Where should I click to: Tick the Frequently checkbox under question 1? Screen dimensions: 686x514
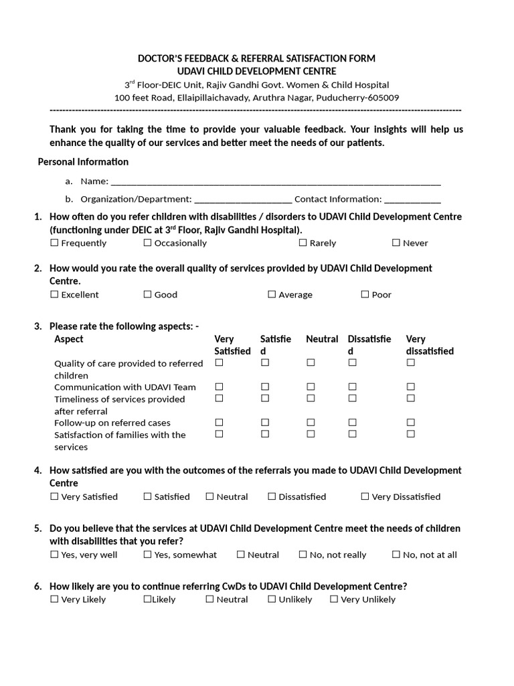[x=54, y=243]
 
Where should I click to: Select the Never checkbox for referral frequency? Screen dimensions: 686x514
[x=396, y=243]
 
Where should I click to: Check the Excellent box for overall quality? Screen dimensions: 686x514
[x=54, y=295]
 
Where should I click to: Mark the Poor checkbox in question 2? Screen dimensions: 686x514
[x=365, y=295]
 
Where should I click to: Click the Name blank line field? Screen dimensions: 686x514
[x=275, y=181]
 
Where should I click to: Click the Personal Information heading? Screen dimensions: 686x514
[x=83, y=161]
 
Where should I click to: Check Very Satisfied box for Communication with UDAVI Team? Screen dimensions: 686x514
[x=219, y=387]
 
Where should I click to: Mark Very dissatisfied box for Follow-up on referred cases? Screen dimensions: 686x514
[x=411, y=423]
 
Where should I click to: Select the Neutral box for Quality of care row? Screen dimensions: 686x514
[x=311, y=363]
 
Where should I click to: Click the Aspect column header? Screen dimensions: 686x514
[x=69, y=340]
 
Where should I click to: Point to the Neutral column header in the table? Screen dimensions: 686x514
[x=322, y=340]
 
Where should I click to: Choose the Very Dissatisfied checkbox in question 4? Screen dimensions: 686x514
[x=365, y=497]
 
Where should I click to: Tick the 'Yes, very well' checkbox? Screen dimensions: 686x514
[x=54, y=555]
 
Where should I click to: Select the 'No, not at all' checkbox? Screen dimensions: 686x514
[x=396, y=555]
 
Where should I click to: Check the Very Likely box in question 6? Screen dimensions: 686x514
[x=54, y=600]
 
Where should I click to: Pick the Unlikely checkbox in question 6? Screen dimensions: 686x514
[x=272, y=600]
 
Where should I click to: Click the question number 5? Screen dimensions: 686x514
[x=38, y=529]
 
